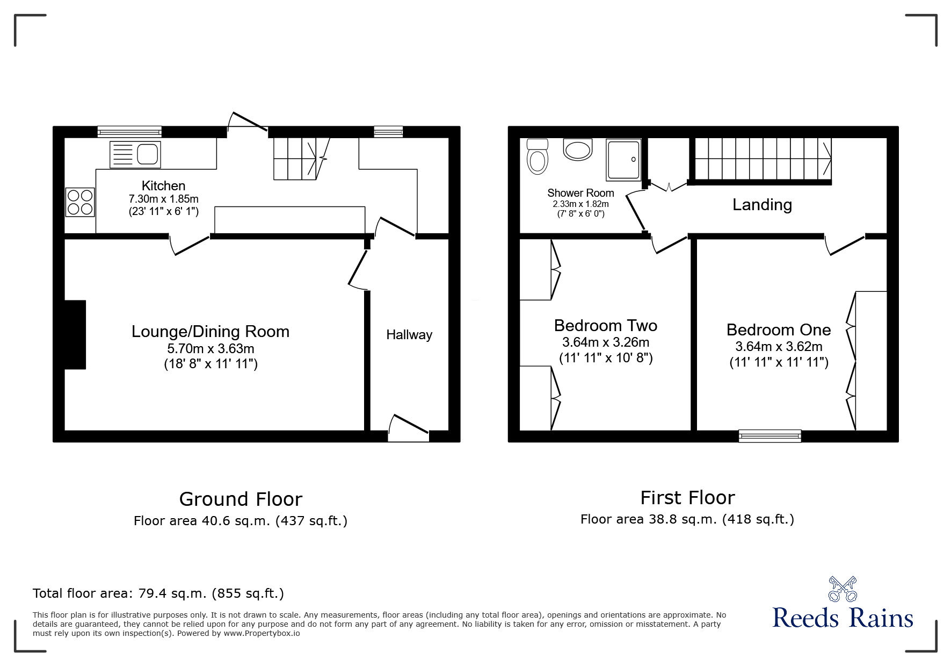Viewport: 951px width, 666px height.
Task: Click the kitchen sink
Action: click(x=135, y=154)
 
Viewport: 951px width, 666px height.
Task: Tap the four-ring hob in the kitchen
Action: click(x=80, y=202)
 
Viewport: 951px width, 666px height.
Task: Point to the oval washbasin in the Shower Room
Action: click(x=577, y=149)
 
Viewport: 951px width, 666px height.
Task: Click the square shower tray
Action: click(x=623, y=160)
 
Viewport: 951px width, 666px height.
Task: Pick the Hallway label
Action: click(x=409, y=335)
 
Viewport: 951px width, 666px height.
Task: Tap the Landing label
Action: click(x=762, y=205)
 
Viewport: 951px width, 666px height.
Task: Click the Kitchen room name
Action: click(x=163, y=186)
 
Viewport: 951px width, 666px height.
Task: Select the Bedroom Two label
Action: click(x=605, y=326)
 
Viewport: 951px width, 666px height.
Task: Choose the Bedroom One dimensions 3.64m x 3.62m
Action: click(x=779, y=347)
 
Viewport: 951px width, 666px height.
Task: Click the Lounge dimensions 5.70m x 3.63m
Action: click(x=210, y=348)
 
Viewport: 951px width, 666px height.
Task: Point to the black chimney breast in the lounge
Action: click(x=75, y=334)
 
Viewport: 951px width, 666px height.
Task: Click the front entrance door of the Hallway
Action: click(x=409, y=428)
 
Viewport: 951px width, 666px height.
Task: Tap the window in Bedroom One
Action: click(x=769, y=435)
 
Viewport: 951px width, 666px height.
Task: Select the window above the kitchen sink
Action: click(x=129, y=132)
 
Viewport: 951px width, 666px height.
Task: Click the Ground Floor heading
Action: click(x=241, y=499)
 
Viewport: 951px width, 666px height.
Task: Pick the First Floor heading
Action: click(x=687, y=498)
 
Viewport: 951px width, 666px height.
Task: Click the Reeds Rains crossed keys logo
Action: click(x=843, y=589)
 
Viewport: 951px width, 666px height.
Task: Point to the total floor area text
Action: click(x=158, y=593)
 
